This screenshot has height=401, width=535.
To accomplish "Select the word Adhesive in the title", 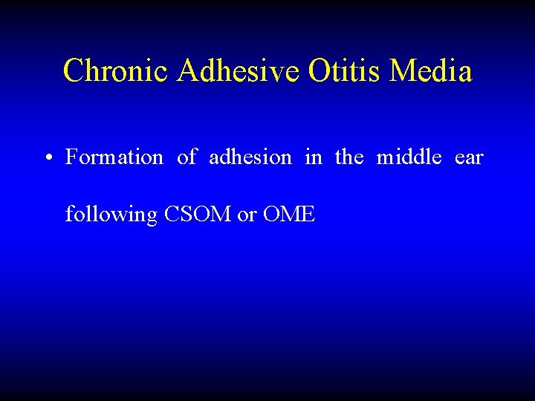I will (238, 71).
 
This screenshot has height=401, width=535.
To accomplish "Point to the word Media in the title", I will (430, 71).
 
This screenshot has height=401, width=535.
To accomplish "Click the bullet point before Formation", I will (47, 158).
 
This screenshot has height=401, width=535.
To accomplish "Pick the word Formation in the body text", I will (114, 157).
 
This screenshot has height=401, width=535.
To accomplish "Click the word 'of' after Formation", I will (187, 157).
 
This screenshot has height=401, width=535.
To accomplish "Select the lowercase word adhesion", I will (250, 157).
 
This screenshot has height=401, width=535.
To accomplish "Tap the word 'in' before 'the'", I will (313, 157).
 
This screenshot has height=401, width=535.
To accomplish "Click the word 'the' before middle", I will (349, 157).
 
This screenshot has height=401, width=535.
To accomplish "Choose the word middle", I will (409, 157).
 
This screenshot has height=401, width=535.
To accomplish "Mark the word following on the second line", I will (111, 215).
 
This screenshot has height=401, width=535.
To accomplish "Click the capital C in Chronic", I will (73, 71).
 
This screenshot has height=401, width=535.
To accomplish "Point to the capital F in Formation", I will (71, 157).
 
